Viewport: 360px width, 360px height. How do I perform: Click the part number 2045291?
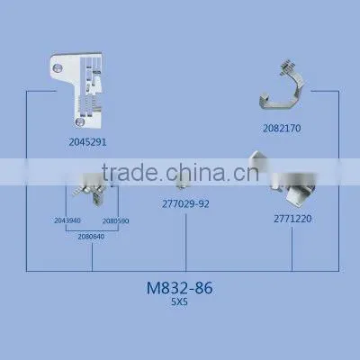tap(87, 142)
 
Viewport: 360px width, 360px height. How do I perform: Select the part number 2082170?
tap(282, 129)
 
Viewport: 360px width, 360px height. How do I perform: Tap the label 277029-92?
tap(185, 204)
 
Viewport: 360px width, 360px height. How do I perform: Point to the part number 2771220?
tap(292, 219)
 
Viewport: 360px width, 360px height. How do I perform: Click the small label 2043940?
tap(67, 220)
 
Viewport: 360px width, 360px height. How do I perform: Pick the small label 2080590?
tap(115, 221)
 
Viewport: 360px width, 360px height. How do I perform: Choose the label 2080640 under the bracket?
tap(91, 237)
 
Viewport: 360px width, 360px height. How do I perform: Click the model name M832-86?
tap(180, 288)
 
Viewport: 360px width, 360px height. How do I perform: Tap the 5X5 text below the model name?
tap(179, 302)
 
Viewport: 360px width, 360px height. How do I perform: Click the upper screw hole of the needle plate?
tap(57, 68)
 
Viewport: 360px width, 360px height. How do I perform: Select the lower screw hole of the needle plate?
tap(79, 122)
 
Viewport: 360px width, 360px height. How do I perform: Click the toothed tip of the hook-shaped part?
tap(287, 67)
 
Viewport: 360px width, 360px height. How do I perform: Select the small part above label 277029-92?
tap(183, 183)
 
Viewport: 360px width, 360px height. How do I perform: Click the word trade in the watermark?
tap(130, 172)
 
